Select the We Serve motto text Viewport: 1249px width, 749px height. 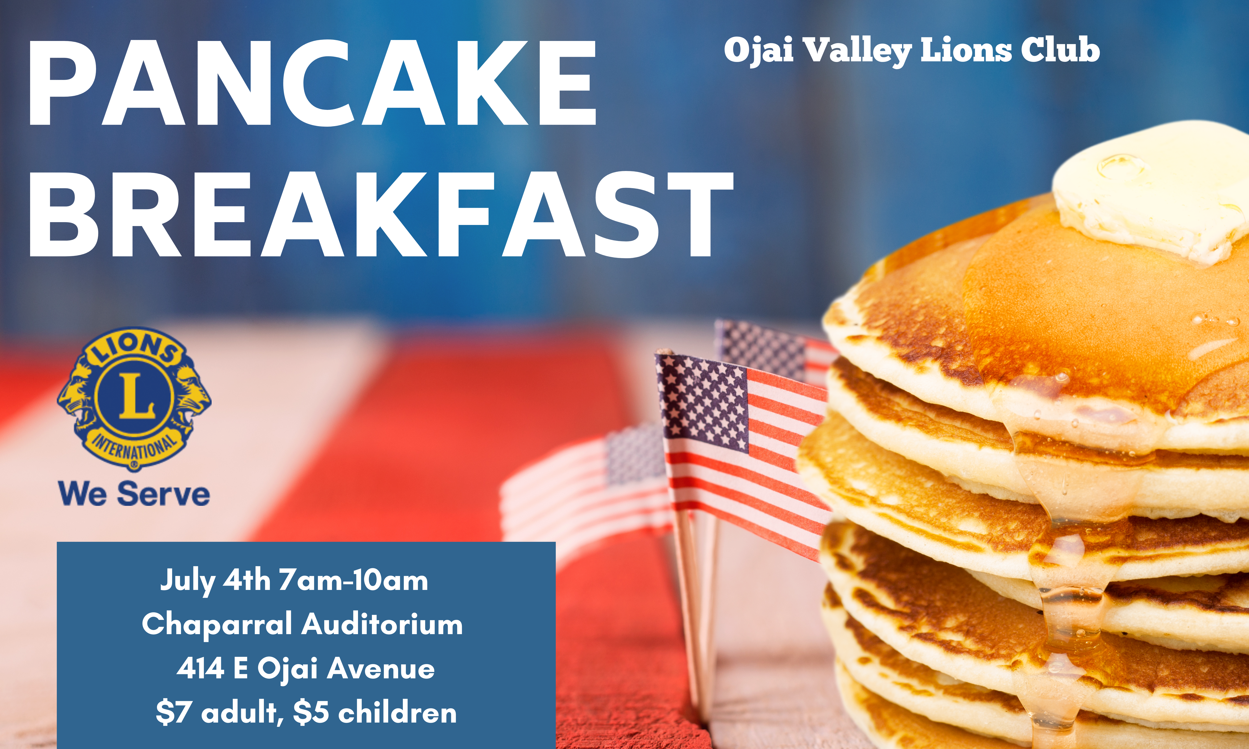(x=134, y=494)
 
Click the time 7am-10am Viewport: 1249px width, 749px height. (x=353, y=580)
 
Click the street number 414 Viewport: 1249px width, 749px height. (x=200, y=669)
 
